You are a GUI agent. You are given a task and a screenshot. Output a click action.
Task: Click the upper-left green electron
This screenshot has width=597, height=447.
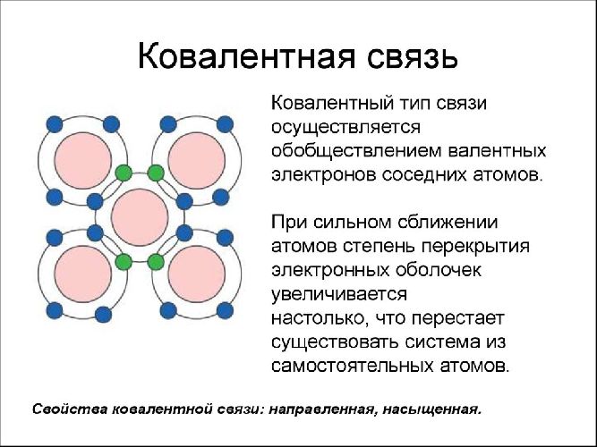point(124,173)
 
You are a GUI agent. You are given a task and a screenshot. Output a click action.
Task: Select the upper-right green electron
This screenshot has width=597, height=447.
point(156,173)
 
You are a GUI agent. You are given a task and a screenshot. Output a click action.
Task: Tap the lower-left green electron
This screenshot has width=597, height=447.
point(124,262)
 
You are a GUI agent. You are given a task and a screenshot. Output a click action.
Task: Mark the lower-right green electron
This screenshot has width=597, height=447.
point(156,262)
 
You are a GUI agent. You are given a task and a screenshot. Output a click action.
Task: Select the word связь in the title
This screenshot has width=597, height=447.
point(403,56)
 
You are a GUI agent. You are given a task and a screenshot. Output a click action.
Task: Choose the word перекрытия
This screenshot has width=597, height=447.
point(480,245)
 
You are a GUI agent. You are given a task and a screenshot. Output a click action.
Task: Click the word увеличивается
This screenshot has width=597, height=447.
point(338,293)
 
